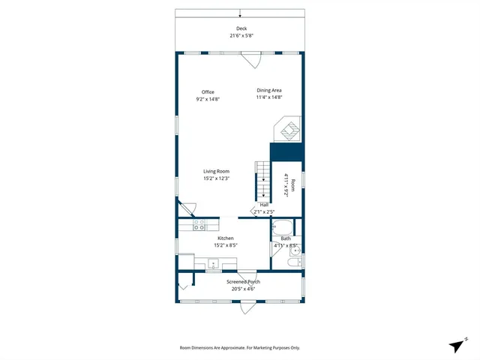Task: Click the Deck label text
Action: (x=241, y=28)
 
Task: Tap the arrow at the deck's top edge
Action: (x=240, y=13)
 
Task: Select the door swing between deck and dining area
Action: (x=251, y=60)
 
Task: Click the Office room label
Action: (x=208, y=92)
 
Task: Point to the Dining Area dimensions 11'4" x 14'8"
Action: (x=268, y=97)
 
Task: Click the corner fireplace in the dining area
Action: (x=289, y=129)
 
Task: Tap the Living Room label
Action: (x=216, y=172)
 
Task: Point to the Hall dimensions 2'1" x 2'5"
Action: (x=265, y=211)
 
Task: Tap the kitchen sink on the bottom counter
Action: (x=214, y=264)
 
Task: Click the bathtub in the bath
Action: (x=283, y=227)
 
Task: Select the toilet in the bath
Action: (x=294, y=262)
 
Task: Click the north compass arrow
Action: (x=456, y=345)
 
